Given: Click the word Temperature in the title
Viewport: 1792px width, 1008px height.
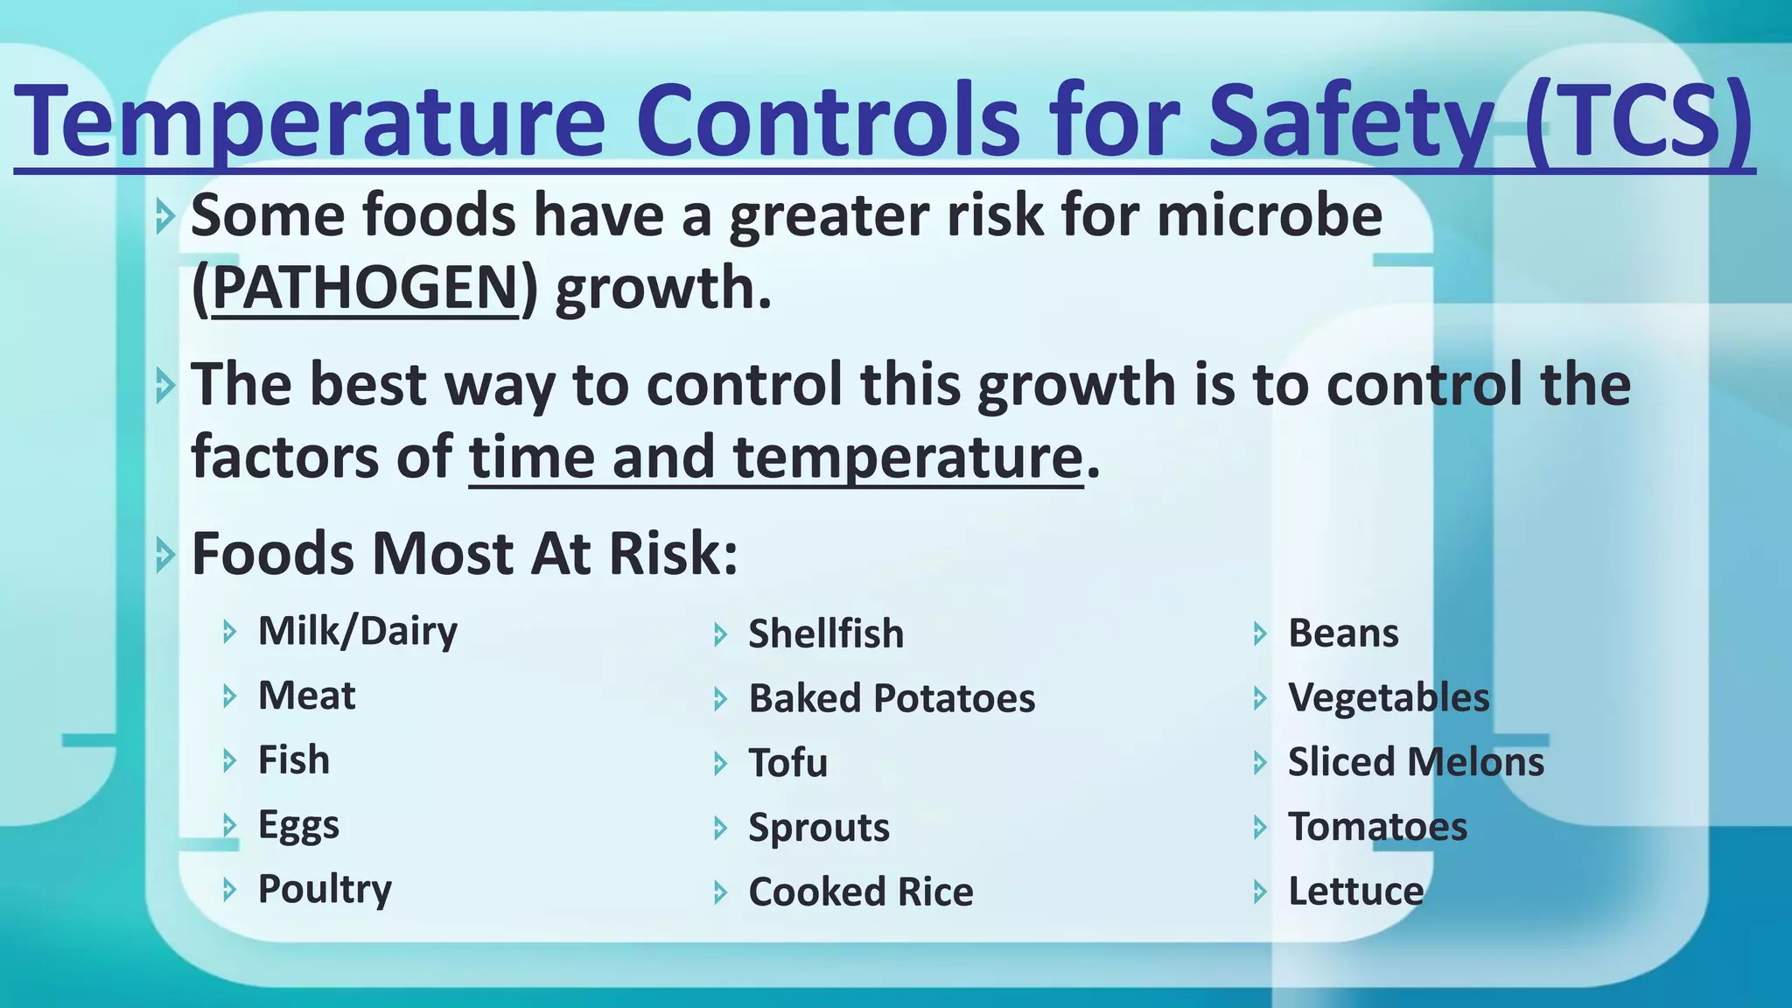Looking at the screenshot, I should tap(311, 119).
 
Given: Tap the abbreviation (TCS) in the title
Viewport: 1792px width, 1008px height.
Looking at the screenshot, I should tap(1638, 119).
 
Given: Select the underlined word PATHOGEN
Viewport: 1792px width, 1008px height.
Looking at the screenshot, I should tap(365, 288).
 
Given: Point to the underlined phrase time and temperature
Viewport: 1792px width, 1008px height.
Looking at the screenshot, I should tap(775, 457).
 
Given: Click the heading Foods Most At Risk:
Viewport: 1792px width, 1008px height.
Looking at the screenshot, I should tap(465, 554).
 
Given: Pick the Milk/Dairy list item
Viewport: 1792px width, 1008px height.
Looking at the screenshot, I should tap(357, 631).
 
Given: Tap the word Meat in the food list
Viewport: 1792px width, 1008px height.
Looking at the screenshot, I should tap(306, 696).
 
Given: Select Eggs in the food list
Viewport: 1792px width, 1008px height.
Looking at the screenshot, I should tap(298, 825).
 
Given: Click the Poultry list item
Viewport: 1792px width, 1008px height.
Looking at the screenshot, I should tap(325, 890).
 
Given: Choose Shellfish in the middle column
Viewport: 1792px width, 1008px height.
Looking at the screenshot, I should tap(825, 633).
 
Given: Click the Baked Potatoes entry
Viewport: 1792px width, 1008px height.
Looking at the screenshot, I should tap(891, 698).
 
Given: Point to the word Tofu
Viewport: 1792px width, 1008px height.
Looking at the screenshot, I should tap(787, 763).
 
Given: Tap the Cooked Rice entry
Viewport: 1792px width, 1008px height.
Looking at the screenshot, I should tap(860, 892).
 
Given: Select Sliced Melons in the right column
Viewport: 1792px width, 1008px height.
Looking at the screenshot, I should tap(1415, 762).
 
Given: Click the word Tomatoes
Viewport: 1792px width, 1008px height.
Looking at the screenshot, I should tap(1377, 827).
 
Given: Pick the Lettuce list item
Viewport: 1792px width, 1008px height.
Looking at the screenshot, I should tap(1355, 892).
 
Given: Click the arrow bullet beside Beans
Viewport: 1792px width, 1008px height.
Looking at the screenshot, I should tap(1260, 634).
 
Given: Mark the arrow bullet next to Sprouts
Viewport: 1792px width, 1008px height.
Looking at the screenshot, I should tap(720, 829).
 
